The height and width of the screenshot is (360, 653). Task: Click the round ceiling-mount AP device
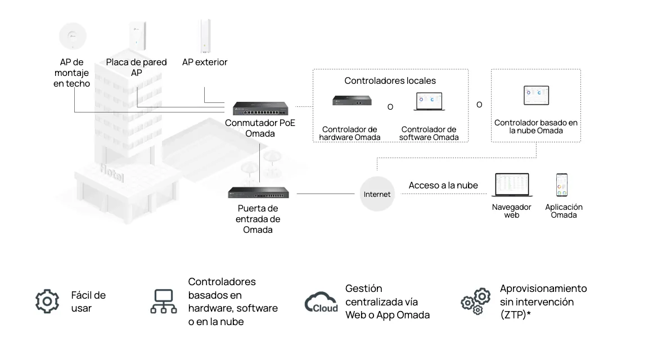click(x=73, y=36)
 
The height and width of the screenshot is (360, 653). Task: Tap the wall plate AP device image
click(x=137, y=36)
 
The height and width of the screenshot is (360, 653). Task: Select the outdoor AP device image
click(x=205, y=36)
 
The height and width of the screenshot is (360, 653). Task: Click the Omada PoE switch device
click(x=260, y=109)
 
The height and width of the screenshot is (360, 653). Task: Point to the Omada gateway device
click(x=258, y=192)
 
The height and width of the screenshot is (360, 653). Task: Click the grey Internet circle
click(x=377, y=193)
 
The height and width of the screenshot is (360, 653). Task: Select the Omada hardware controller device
click(x=352, y=100)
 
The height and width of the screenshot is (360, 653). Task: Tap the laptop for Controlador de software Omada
click(x=429, y=101)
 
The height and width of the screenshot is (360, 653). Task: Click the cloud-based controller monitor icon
click(x=536, y=96)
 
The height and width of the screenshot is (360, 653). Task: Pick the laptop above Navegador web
click(x=512, y=184)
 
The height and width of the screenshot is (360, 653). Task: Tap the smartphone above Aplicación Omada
click(x=562, y=184)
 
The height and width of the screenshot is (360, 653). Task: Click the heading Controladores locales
click(x=390, y=80)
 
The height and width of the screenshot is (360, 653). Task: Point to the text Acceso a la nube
click(x=443, y=186)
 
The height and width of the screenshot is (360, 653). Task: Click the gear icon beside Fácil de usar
click(x=47, y=301)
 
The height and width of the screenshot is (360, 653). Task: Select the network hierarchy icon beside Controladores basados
click(x=164, y=301)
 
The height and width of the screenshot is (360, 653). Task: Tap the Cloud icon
click(x=321, y=302)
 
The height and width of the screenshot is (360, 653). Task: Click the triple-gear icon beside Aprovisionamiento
click(x=476, y=301)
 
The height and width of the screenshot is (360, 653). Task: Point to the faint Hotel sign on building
click(x=111, y=172)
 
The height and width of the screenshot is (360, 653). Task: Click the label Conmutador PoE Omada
click(x=260, y=128)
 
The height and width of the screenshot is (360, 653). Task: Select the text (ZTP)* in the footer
click(x=515, y=315)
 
